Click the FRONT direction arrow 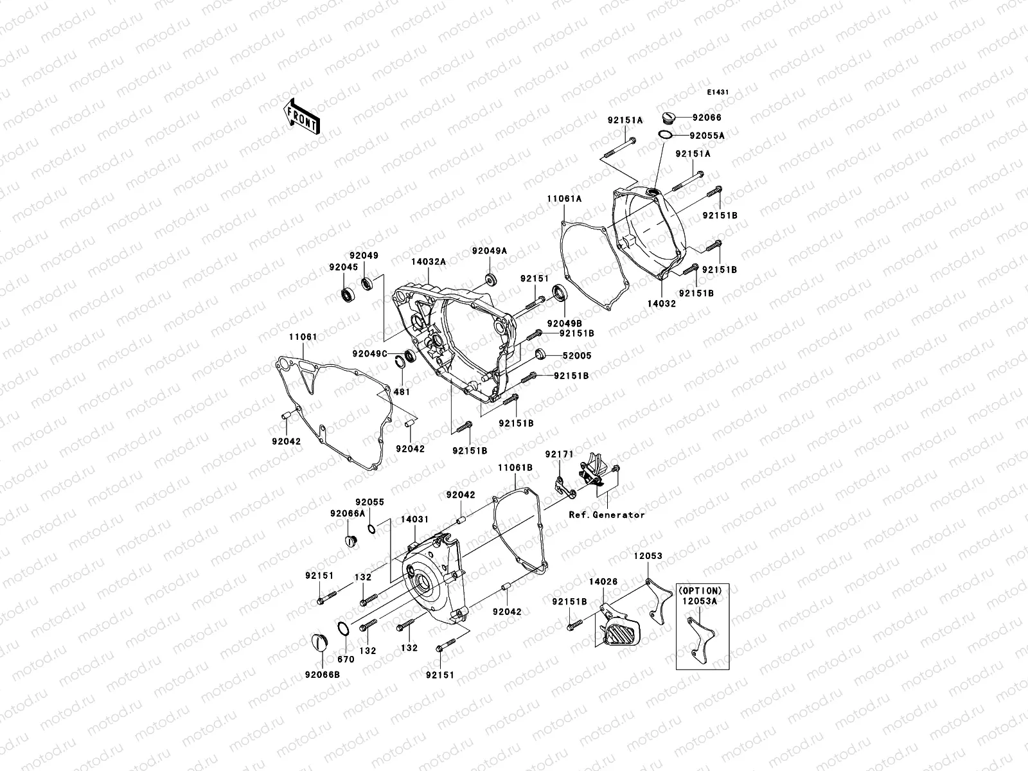[x=304, y=116]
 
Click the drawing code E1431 [x=718, y=93]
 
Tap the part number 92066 [x=706, y=118]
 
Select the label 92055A [x=707, y=136]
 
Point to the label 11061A [x=564, y=199]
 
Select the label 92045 [x=344, y=267]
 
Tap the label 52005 [x=577, y=355]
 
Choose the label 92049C [x=369, y=353]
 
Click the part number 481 [x=402, y=391]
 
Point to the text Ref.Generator [x=607, y=515]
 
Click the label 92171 [x=559, y=454]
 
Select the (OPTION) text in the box [x=700, y=590]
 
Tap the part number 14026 [x=603, y=581]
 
